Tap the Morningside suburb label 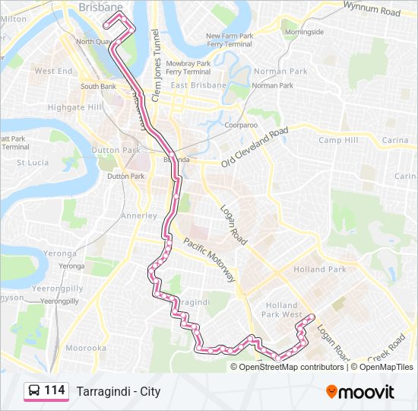303,32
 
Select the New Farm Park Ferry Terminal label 228,40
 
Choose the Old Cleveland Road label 255,148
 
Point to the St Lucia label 33,162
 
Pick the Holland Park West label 281,310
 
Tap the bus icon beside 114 34,390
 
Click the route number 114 55,390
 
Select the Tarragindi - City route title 118,391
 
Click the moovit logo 359,392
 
